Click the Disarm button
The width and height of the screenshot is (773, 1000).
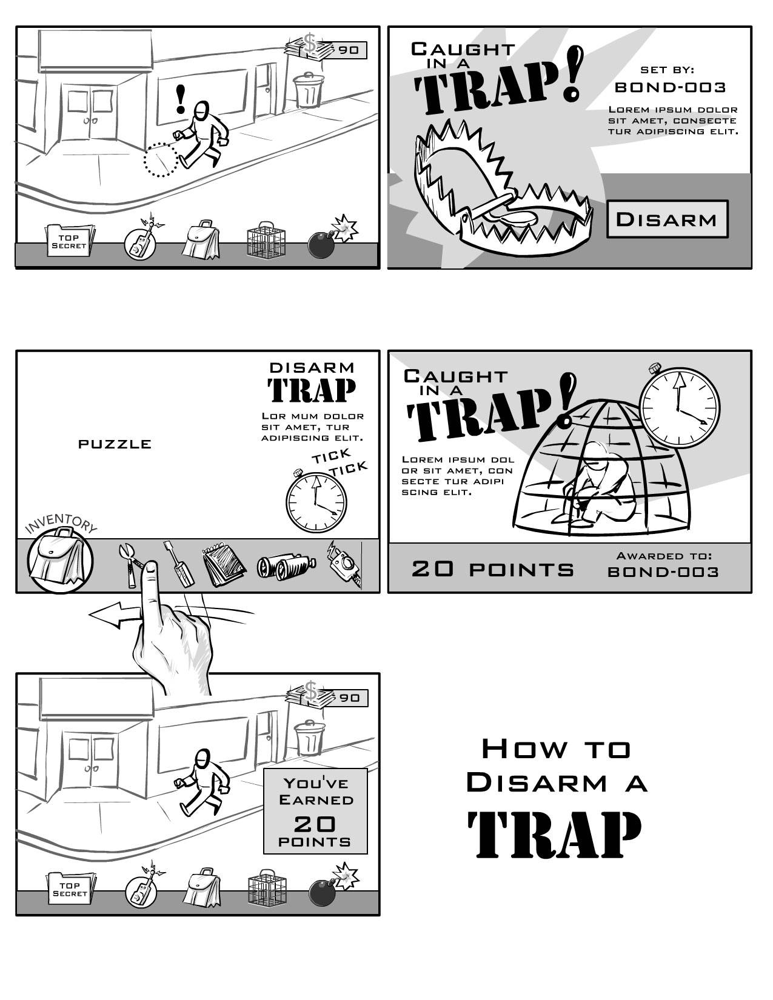coord(668,219)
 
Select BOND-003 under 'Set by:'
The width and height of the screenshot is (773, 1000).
coord(671,87)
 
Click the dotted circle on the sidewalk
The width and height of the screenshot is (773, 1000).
coord(161,159)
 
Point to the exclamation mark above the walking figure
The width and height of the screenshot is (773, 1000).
coord(181,98)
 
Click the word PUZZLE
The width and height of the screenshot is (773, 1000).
coord(115,444)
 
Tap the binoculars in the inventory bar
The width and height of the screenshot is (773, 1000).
coord(286,566)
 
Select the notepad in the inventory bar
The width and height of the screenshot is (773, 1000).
coord(224,564)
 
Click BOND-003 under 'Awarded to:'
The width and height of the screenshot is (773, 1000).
coord(663,572)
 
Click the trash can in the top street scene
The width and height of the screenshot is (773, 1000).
coord(309,90)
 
